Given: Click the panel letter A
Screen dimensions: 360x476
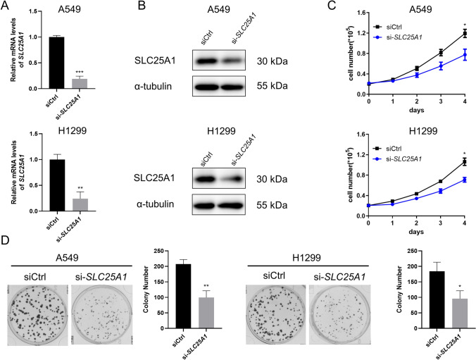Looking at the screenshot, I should click(x=7, y=9).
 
